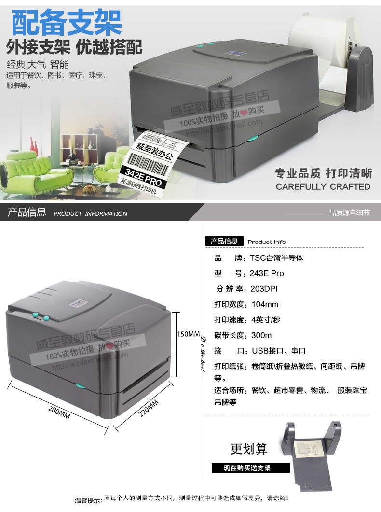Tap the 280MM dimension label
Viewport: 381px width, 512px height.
click(59, 411)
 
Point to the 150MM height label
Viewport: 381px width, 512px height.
click(188, 334)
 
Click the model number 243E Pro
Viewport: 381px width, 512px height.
click(267, 273)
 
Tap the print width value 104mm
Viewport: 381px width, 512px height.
click(265, 304)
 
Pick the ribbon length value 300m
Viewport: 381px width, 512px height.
click(261, 335)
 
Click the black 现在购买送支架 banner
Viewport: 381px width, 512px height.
click(250, 468)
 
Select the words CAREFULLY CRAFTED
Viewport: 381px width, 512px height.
click(323, 186)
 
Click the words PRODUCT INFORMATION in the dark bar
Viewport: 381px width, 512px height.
click(90, 213)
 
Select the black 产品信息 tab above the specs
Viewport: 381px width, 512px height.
click(224, 241)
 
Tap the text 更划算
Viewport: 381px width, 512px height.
click(248, 449)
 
